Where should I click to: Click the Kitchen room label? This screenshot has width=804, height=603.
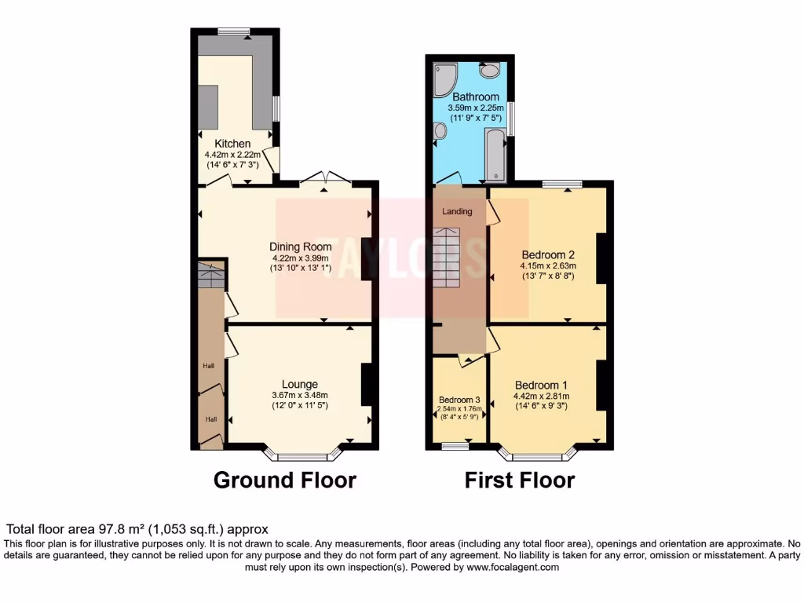[x=232, y=144]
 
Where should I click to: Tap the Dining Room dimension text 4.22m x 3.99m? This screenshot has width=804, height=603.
[x=301, y=258]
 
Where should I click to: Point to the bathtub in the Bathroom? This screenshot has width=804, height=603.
[x=496, y=153]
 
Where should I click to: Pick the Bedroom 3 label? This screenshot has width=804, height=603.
[x=459, y=400]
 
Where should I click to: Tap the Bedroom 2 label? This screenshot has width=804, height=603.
[x=548, y=255]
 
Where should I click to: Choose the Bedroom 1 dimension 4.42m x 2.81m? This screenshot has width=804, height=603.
[x=541, y=397]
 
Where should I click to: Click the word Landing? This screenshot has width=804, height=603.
[x=457, y=211]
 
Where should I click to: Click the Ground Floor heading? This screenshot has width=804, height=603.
[x=284, y=480]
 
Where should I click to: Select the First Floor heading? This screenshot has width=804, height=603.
[x=520, y=480]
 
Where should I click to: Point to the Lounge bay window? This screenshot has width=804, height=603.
[x=303, y=455]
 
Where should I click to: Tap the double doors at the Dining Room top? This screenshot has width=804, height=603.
[x=324, y=178]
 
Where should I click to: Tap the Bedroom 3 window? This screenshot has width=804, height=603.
[x=453, y=446]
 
